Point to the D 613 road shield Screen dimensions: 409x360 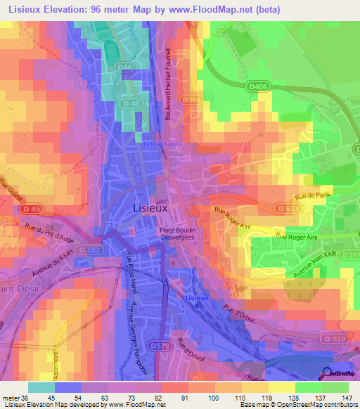(284, 209)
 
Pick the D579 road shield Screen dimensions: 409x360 (161, 344)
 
